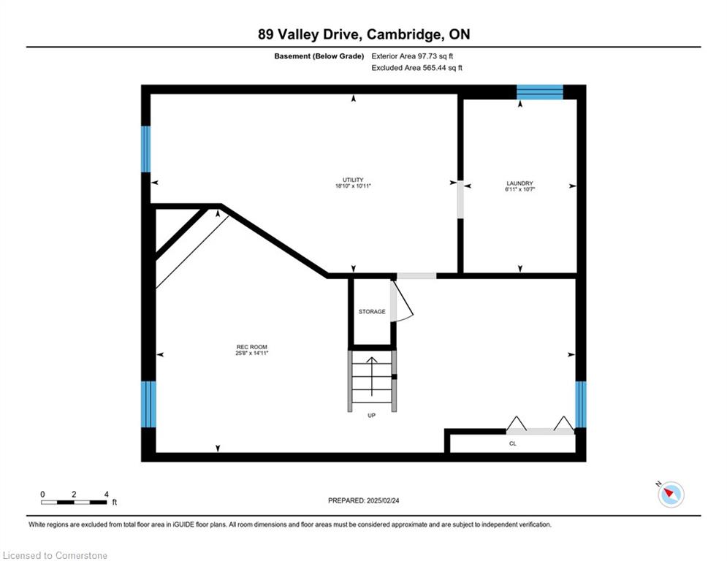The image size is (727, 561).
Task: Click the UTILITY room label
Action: (353, 180)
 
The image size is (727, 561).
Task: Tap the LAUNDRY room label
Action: (519, 183)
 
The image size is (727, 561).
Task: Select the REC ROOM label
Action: (252, 347)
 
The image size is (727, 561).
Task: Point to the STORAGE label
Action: (372, 312)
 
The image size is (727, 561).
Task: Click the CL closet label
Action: (513, 443)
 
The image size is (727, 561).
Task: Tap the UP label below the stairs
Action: (371, 416)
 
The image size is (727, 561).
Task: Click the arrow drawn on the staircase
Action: (372, 376)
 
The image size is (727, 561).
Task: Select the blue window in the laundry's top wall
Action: (540, 92)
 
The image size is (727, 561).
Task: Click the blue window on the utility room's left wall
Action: (145, 149)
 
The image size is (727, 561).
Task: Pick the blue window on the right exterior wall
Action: (580, 404)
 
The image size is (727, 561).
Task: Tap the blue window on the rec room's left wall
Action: (148, 404)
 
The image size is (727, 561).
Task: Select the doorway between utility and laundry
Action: (460, 199)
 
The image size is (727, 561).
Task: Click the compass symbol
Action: (671, 494)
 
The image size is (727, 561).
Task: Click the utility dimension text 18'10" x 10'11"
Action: (354, 186)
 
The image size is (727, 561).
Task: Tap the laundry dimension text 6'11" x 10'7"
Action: (519, 190)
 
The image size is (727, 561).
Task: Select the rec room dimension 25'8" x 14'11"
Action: (252, 354)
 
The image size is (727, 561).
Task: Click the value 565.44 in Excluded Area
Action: (437, 68)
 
